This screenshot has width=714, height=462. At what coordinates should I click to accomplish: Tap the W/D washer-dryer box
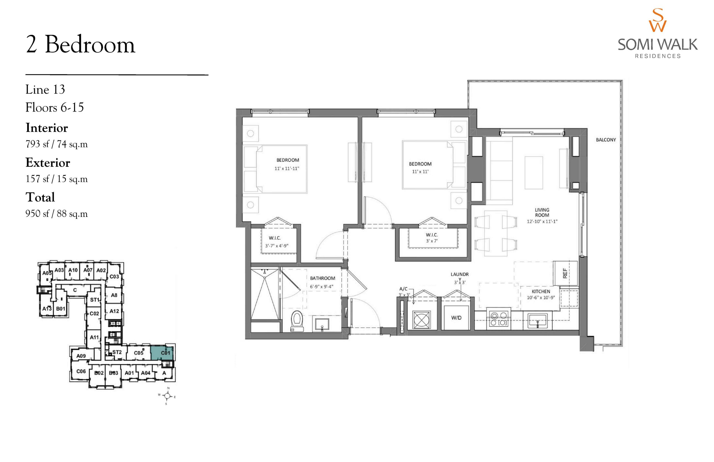456,318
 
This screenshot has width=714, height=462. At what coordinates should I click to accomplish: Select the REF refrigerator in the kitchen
565,273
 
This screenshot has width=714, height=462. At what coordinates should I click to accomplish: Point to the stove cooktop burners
498,319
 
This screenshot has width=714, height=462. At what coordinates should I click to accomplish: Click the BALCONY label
606,140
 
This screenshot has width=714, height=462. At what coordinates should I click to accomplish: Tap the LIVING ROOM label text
542,212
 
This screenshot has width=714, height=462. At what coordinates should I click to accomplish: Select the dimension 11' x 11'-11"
287,169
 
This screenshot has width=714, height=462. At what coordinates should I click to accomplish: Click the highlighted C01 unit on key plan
162,353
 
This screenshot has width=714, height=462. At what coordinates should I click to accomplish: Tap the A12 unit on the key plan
114,311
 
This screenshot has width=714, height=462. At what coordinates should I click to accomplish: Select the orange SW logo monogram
658,20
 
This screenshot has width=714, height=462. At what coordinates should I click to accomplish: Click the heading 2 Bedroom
80,45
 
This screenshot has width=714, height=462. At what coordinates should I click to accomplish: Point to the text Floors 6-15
55,107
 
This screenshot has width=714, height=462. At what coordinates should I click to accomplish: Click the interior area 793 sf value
37,144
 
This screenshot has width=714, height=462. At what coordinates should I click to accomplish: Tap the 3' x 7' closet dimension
431,241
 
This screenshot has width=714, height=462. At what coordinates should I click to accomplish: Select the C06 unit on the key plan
81,371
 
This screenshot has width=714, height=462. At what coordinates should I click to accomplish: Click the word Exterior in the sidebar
48,163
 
